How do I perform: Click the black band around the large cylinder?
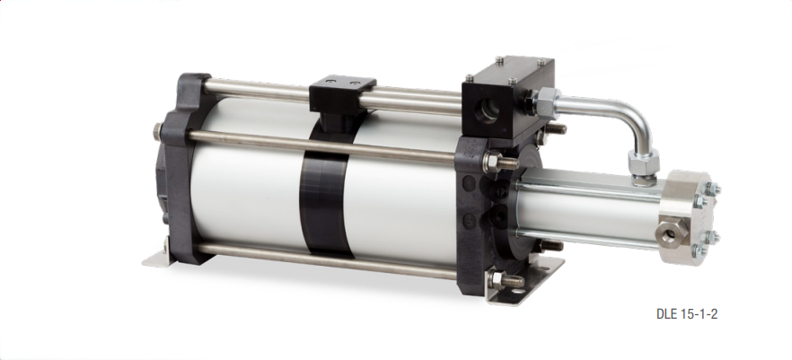[x=324, y=198]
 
